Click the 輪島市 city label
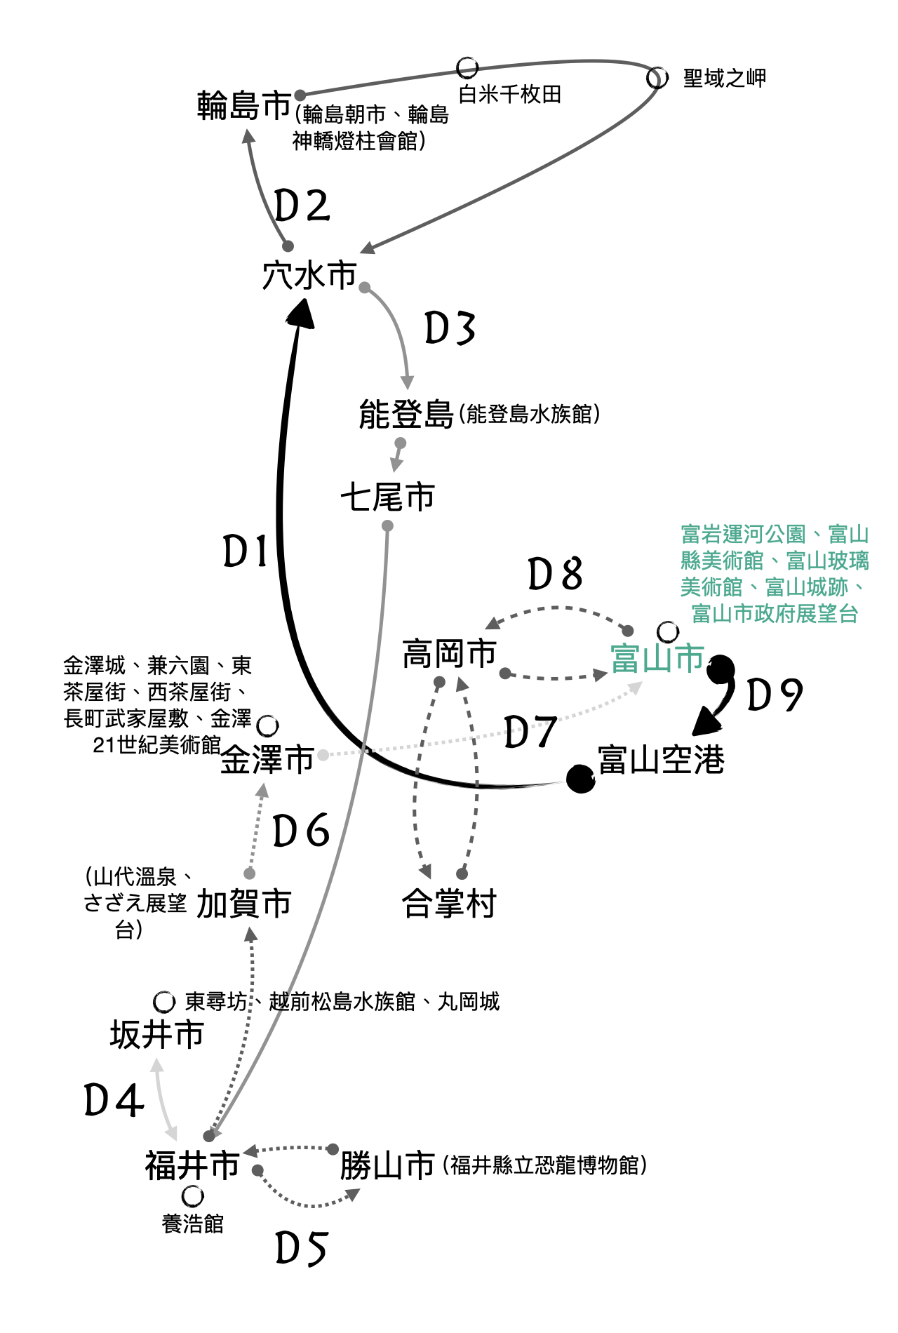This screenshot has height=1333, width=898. [243, 106]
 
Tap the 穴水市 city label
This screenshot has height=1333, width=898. [309, 275]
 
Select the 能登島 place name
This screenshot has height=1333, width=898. [406, 415]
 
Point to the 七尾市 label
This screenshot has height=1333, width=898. [387, 497]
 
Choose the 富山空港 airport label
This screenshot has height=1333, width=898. [661, 760]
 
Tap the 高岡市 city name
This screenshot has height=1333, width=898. [449, 654]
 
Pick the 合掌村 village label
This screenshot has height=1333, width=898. [449, 904]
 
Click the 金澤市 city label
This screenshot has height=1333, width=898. [267, 760]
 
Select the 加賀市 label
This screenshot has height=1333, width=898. [243, 904]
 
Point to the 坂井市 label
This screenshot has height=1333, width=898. [156, 1035]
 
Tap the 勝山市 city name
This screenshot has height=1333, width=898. [387, 1166]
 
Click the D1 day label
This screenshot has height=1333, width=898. [246, 551]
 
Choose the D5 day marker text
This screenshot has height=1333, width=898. [302, 1249]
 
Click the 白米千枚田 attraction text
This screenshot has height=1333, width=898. [509, 95]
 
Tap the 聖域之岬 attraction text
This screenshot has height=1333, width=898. [724, 78]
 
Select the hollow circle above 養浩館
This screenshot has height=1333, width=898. [192, 1195]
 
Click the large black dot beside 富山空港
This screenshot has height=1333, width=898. [580, 779]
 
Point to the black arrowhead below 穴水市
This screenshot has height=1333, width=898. [302, 314]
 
